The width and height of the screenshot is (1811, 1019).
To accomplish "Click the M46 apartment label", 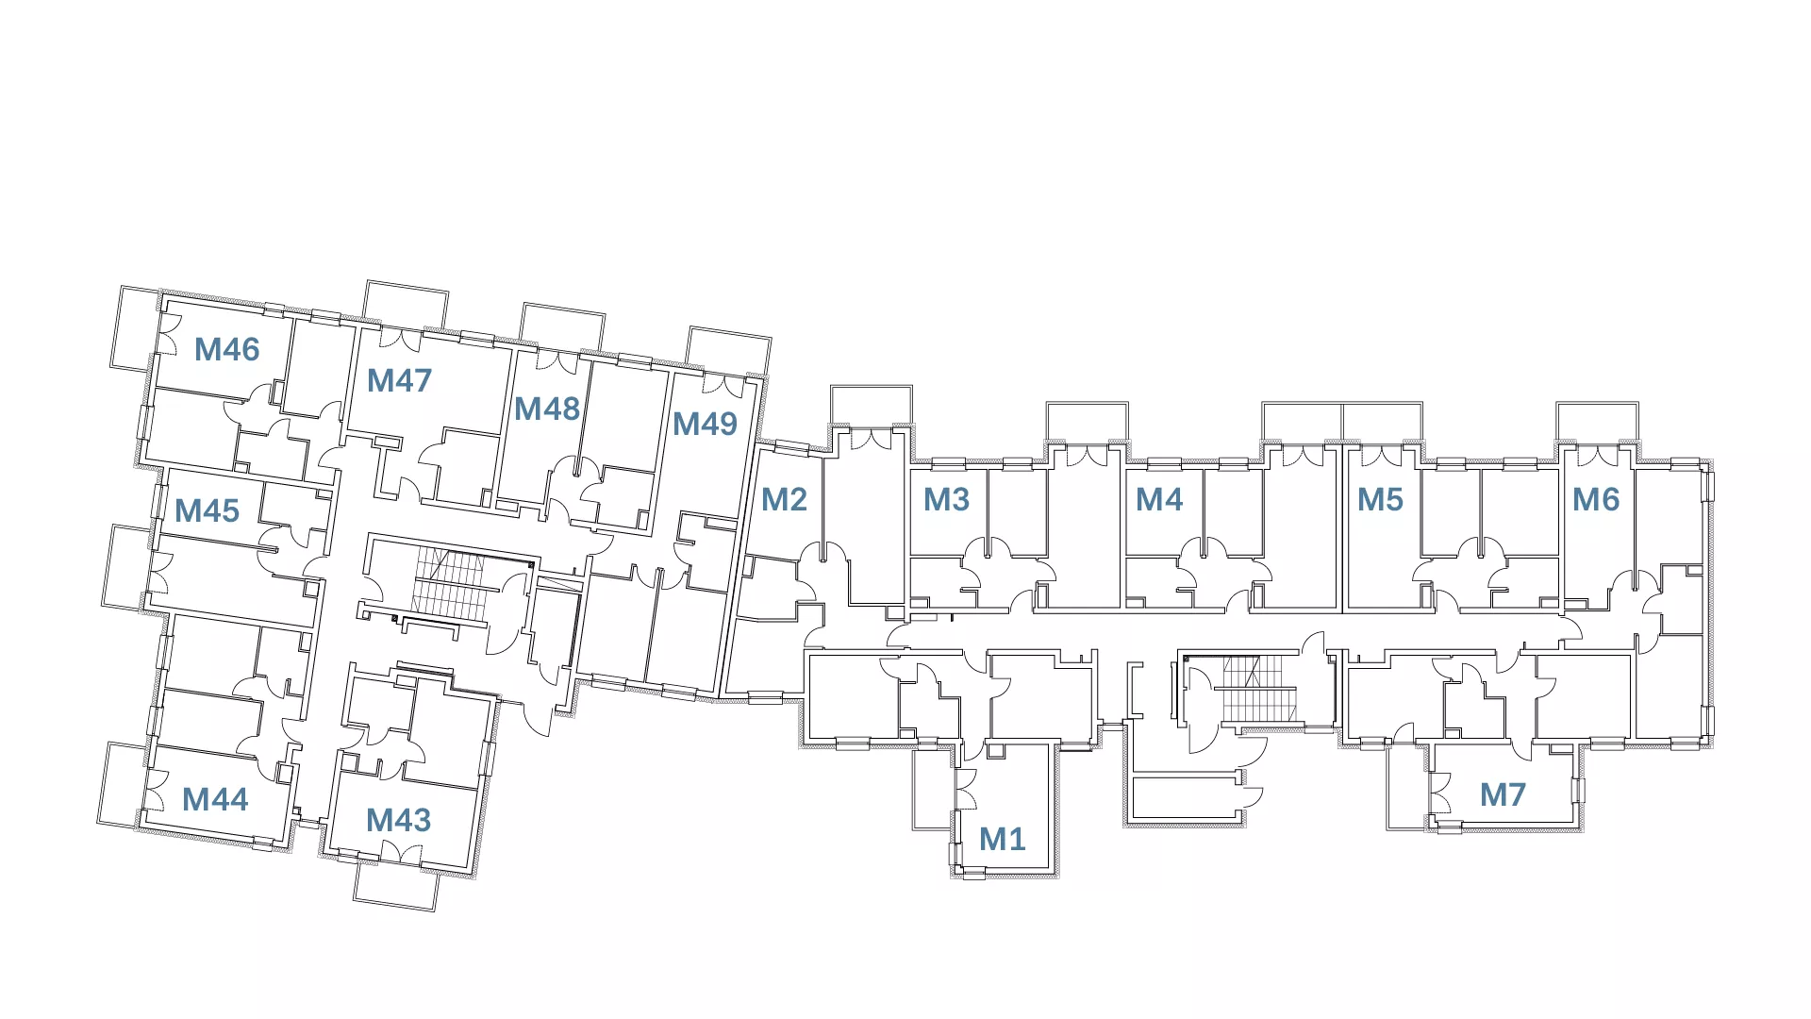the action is pyautogui.click(x=226, y=350).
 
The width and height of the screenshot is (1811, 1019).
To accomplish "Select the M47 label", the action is pyautogui.click(x=399, y=380).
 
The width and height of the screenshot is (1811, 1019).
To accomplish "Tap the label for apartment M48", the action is pyautogui.click(x=546, y=409).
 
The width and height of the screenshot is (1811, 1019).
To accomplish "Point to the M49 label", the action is pyautogui.click(x=705, y=424).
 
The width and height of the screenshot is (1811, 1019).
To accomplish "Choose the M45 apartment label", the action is pyautogui.click(x=207, y=511).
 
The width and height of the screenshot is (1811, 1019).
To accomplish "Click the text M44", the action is pyautogui.click(x=215, y=800).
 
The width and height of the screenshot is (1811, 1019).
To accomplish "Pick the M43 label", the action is pyautogui.click(x=398, y=820).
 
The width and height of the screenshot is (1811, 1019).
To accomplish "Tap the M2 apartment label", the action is pyautogui.click(x=784, y=499).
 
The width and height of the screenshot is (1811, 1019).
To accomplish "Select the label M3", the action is pyautogui.click(x=946, y=499).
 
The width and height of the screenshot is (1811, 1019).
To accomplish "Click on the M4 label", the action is pyautogui.click(x=1159, y=499).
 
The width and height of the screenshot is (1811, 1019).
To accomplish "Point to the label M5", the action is pyautogui.click(x=1380, y=499).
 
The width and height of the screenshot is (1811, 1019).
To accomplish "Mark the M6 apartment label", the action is pyautogui.click(x=1595, y=499).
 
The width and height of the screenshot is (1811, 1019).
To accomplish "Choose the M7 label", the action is pyautogui.click(x=1503, y=794).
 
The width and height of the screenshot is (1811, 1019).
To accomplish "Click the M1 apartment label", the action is pyautogui.click(x=1002, y=839).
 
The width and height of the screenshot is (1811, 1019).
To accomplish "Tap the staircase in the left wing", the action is pyautogui.click(x=450, y=583).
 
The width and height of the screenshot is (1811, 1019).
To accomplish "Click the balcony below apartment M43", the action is pyautogui.click(x=396, y=886).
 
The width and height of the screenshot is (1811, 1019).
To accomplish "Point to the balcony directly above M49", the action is pyautogui.click(x=729, y=350).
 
